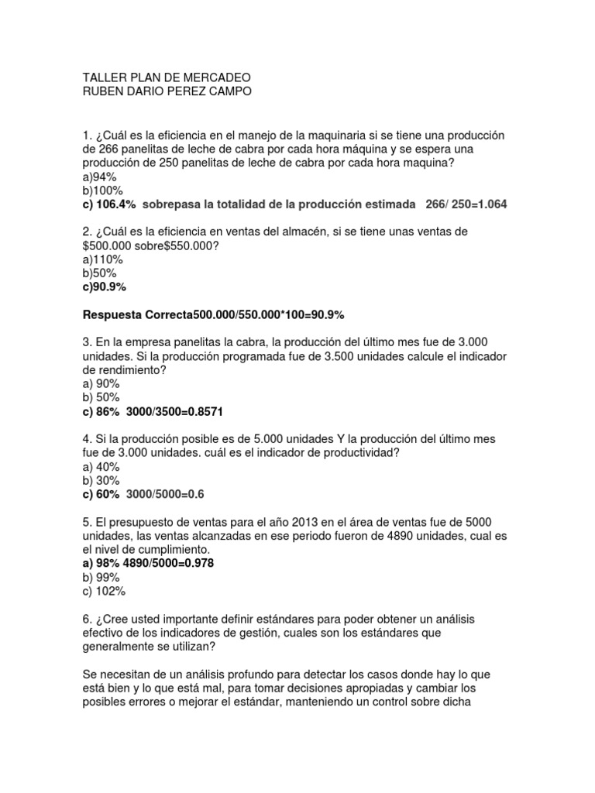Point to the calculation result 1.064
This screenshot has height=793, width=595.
point(490,204)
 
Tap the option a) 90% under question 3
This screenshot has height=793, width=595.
point(101,384)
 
